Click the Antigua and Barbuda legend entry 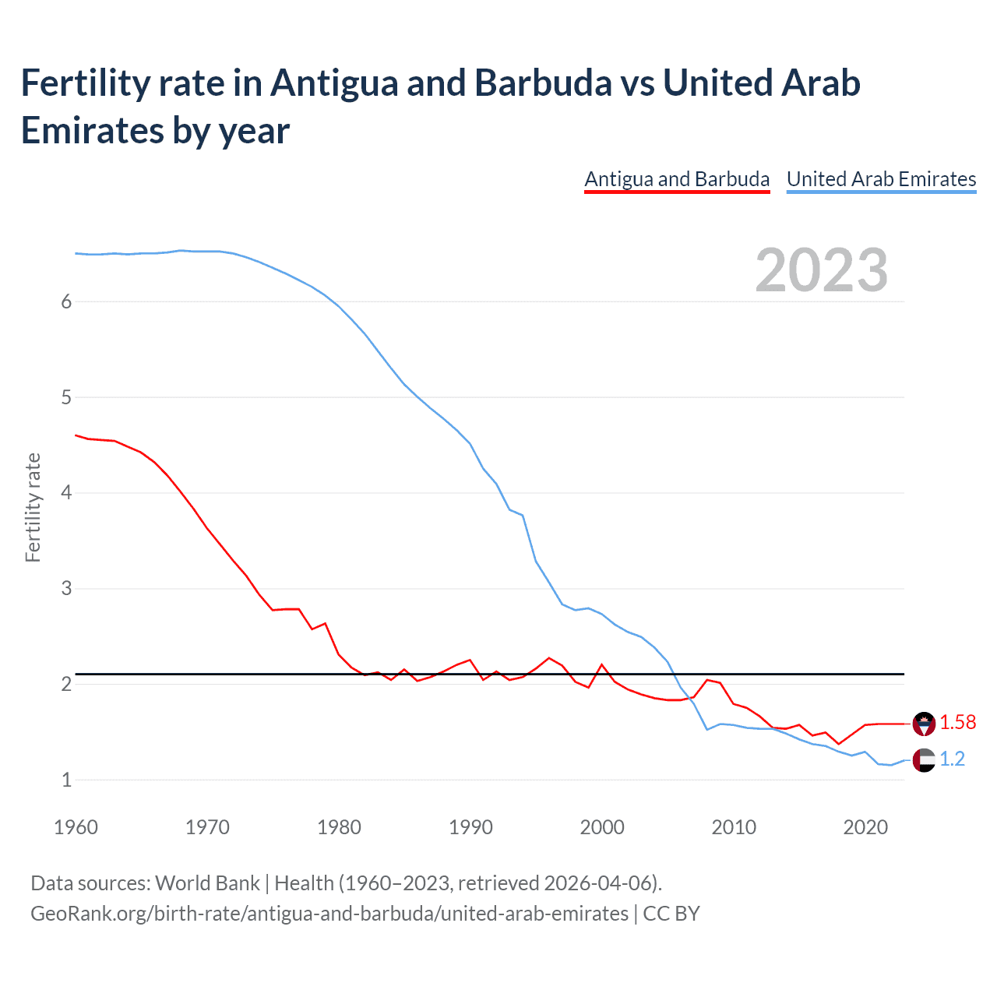[677, 179]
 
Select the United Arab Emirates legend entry [881, 179]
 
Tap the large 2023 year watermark [822, 270]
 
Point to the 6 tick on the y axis [66, 302]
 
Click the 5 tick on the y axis [66, 398]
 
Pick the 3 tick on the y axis [66, 589]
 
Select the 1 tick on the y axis [66, 780]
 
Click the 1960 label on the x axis [76, 827]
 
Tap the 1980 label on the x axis [339, 827]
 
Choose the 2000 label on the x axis [602, 827]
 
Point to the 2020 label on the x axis [865, 827]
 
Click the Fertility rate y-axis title [33, 507]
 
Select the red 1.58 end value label [957, 723]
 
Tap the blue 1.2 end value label [952, 759]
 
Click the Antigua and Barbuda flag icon [924, 724]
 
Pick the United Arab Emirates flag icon [924, 759]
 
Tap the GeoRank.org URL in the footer [329, 913]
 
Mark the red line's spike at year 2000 [602, 664]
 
